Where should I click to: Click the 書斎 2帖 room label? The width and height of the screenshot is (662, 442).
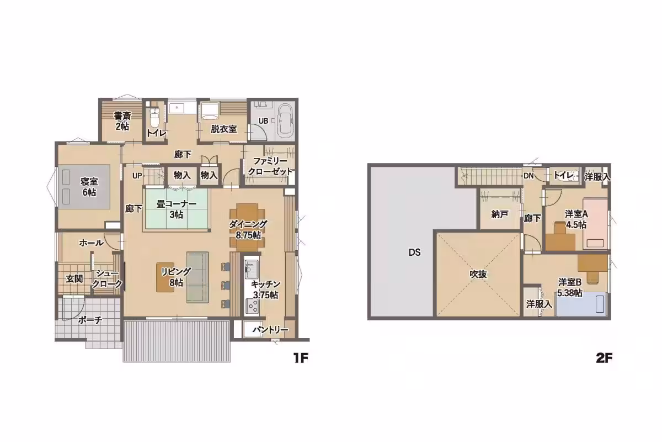122,121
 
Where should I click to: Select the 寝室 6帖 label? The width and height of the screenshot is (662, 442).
89,187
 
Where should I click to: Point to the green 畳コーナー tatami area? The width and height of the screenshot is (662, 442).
177,209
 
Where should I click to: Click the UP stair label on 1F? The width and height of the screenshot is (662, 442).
137,176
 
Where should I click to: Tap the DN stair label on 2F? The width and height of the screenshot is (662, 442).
528,176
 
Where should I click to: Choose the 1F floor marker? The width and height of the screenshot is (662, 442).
301,359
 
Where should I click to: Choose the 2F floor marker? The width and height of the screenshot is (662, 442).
604,359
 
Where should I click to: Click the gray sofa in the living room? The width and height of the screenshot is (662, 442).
197,277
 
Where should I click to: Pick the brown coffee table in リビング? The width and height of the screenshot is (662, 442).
165,277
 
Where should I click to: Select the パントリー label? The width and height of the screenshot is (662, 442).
270,330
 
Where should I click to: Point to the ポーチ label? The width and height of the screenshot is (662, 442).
90,320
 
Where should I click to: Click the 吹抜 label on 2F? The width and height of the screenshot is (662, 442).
478,275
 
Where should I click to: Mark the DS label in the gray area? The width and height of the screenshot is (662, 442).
414,252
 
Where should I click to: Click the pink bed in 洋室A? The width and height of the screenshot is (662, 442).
595,224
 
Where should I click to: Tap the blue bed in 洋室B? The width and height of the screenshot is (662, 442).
581,304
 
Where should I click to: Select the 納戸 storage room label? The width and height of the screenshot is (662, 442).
500,214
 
